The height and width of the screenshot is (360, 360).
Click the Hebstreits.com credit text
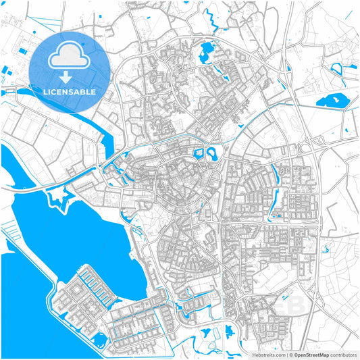pyautogui.click(x=266, y=354)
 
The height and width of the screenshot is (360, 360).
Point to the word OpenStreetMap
pyautogui.click(x=311, y=354)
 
